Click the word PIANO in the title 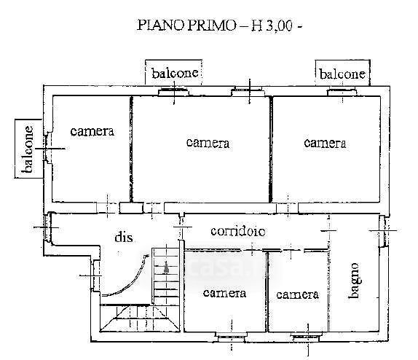click(x=160, y=26)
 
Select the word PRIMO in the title click(x=211, y=26)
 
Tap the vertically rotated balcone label click(x=28, y=149)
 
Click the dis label click(x=124, y=237)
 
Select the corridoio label click(x=238, y=231)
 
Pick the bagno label click(x=355, y=281)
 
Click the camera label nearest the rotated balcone click(x=92, y=131)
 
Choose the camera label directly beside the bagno click(x=298, y=294)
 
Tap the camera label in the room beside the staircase click(x=224, y=293)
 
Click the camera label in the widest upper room click(x=208, y=143)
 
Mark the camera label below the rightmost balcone click(x=325, y=144)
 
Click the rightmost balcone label click(x=342, y=74)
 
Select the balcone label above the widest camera click(x=175, y=73)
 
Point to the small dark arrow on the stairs click(x=166, y=267)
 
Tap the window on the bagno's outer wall click(x=383, y=231)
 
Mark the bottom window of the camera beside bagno click(x=306, y=337)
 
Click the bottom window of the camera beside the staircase click(x=232, y=337)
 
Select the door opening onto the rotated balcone click(x=48, y=149)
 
